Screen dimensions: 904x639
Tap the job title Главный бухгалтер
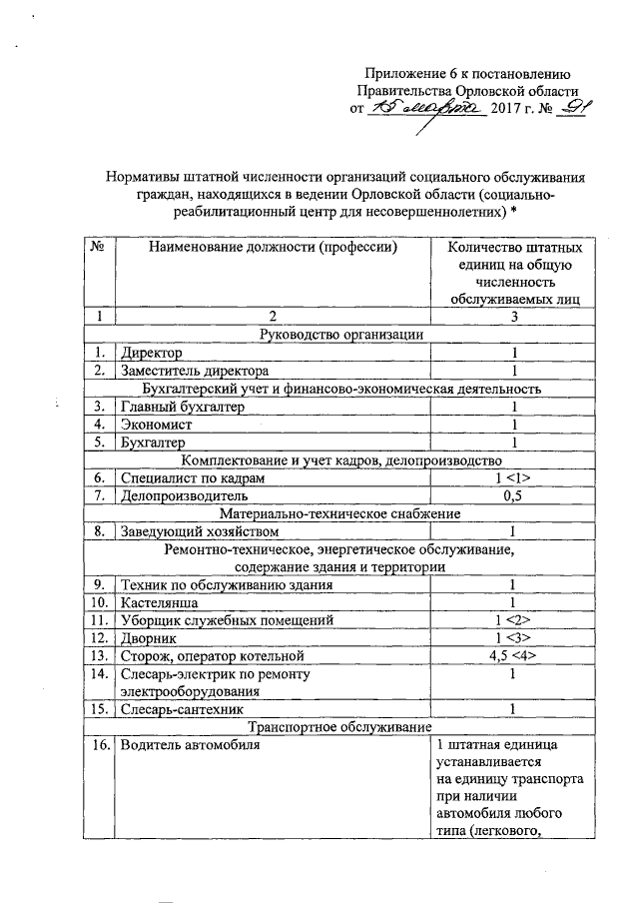(182, 407)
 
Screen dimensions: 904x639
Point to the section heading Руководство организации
(341, 335)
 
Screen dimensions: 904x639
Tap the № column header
(98, 247)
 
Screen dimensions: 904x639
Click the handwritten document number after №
(548, 110)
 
